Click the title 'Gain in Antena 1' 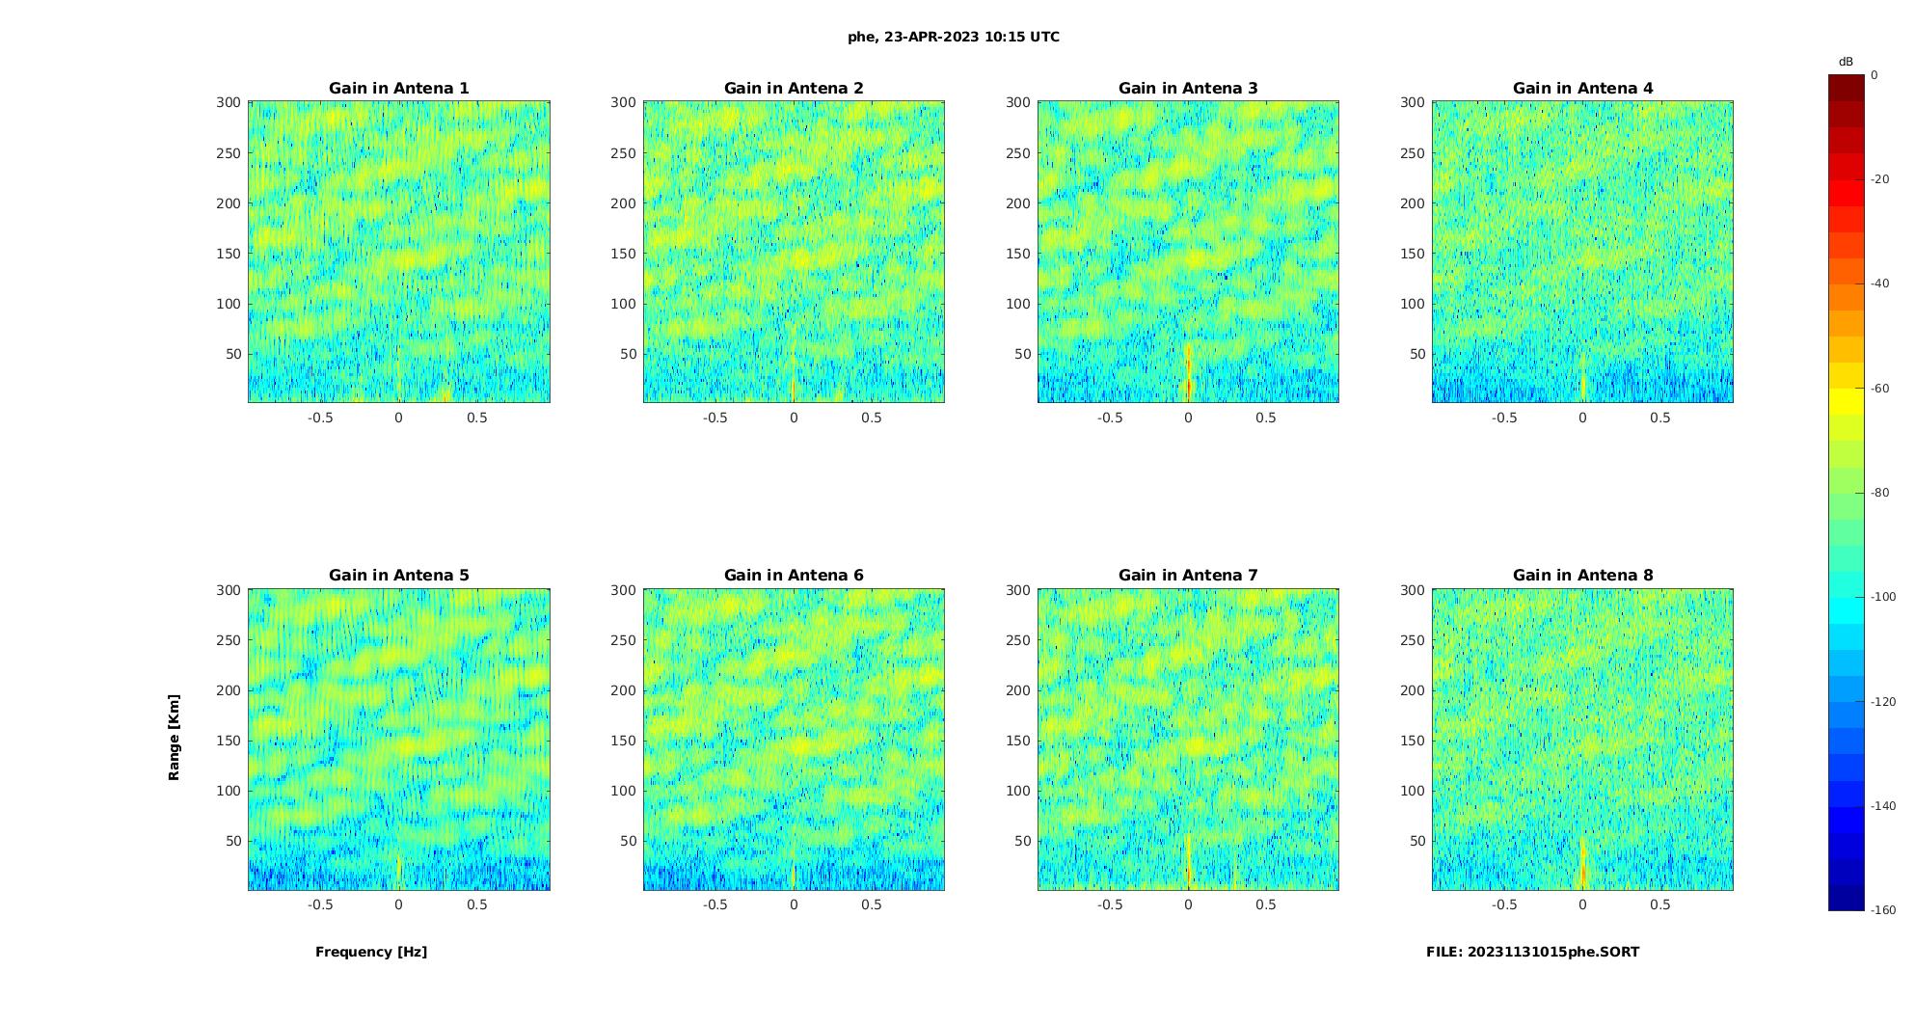pos(398,89)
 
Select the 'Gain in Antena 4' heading pos(1582,89)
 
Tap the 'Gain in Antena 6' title pos(794,576)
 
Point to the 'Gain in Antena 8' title pos(1582,576)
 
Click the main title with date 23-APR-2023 pos(954,38)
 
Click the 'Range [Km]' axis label pos(175,738)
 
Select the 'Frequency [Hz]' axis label pos(371,952)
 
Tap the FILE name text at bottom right pos(1532,952)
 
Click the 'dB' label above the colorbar pos(1846,62)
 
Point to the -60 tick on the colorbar pos(1880,389)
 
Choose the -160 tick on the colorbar pos(1883,910)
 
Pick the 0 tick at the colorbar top pos(1875,75)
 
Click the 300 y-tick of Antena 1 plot pos(229,102)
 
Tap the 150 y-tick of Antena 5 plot pos(229,741)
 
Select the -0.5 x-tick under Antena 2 pos(715,418)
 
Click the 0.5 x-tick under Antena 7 pos(1266,904)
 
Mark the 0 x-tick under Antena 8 pos(1582,904)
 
